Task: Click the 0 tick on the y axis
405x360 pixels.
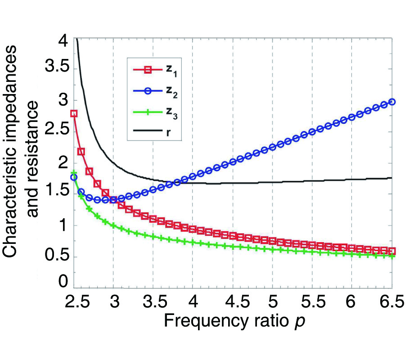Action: tap(63, 284)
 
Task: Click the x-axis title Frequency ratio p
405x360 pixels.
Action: tap(236, 321)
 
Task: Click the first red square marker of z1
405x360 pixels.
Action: tap(74, 113)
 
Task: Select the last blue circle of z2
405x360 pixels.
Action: tap(392, 102)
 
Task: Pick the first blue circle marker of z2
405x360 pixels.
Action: tap(74, 177)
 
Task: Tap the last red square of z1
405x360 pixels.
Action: tap(392, 251)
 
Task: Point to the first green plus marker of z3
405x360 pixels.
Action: tap(74, 172)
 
